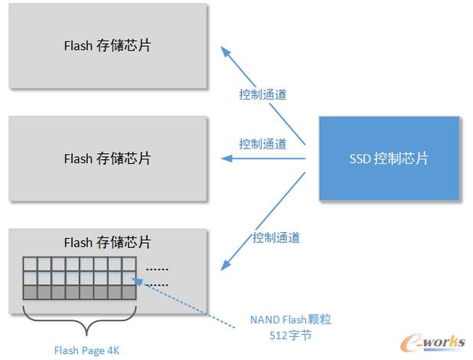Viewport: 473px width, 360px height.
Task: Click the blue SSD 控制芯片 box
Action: coord(389,159)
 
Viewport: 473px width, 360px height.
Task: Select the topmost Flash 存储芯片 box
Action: coord(107,45)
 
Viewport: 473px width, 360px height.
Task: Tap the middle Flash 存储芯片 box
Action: coord(107,159)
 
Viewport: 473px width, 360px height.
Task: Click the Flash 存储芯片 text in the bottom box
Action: coord(107,243)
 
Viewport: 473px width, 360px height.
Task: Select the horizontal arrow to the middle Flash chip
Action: coord(263,159)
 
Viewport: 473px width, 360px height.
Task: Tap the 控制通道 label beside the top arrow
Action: coord(263,95)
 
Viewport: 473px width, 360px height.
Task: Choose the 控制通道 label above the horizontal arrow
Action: coord(263,143)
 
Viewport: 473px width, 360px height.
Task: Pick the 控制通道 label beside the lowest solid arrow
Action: coord(276,238)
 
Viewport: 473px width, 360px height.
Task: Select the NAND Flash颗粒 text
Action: coord(291,319)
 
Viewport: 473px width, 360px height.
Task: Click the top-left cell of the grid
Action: coord(30,264)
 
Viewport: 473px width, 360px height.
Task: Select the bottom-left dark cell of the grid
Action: coord(30,292)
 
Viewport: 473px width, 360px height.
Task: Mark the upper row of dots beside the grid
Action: coord(157,269)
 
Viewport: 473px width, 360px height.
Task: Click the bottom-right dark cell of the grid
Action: coord(129,292)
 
